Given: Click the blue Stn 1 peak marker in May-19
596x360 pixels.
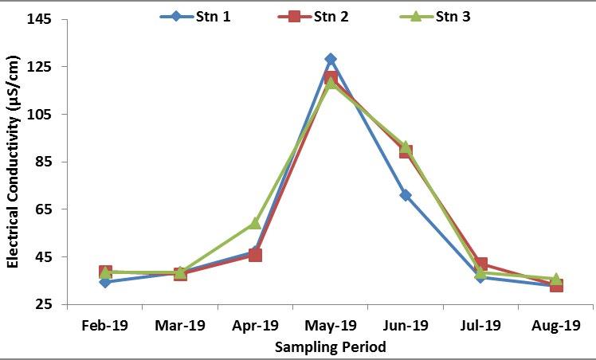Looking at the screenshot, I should [331, 59].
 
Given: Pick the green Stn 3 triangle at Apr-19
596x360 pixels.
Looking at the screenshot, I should [255, 223].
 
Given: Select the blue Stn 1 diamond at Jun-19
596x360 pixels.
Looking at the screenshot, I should [406, 195].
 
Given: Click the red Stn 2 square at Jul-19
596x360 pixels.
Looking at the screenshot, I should [480, 264].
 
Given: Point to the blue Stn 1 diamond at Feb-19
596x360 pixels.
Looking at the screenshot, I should [105, 282].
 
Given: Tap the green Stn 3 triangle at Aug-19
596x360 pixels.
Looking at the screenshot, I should [555, 280].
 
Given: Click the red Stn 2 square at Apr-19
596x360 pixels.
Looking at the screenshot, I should [255, 255].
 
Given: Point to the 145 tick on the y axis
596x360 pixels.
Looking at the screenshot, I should [40, 19].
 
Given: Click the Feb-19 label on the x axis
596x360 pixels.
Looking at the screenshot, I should [105, 325].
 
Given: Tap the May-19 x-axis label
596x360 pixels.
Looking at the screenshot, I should [331, 325].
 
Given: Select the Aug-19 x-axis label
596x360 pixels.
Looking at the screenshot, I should [555, 325].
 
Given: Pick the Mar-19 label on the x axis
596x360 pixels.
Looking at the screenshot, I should [180, 325].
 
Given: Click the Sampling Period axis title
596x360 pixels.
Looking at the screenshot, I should [330, 346].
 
